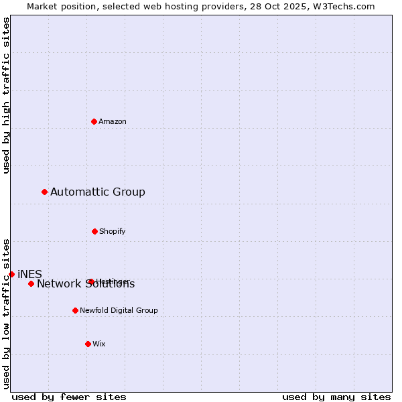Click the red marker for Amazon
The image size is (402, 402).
pos(94,121)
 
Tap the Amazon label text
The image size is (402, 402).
pos(113,122)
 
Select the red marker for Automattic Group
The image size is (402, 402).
pos(45,192)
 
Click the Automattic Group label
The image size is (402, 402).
pos(98,192)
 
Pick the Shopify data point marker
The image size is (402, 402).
pos(94,231)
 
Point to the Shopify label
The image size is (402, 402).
pos(113,232)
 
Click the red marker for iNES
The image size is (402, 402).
pos(11,274)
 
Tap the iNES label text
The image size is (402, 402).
pos(30,274)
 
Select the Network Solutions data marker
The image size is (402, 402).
pos(31,284)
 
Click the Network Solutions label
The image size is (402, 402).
pos(86,285)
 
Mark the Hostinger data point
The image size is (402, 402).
pos(91,281)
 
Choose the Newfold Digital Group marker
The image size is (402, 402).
pos(75,310)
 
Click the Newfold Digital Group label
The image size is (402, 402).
pos(119,311)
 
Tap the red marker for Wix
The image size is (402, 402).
pos(88,344)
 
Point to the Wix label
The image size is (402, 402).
pos(99,344)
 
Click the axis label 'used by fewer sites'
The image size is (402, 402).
pos(69,397)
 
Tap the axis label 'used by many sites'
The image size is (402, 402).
pos(336,397)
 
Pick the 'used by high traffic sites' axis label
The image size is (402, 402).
pos(6,95)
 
